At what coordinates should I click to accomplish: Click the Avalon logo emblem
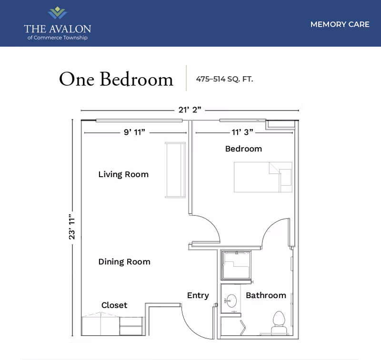(57, 13)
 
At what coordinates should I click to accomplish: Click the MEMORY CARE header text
(340, 24)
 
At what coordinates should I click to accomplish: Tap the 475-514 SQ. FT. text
(224, 80)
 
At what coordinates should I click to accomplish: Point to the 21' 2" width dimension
(190, 110)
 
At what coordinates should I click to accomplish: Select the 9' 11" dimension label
(134, 132)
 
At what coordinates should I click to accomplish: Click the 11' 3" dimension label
(242, 132)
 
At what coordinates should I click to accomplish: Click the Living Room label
(123, 174)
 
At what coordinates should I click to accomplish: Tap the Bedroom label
(243, 149)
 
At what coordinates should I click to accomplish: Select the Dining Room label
(124, 261)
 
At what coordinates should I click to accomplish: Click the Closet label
(114, 305)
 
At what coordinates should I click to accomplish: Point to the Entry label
(198, 295)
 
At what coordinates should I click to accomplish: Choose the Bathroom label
(266, 295)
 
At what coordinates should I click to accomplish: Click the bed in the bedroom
(262, 177)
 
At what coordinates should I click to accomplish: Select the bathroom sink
(231, 301)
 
